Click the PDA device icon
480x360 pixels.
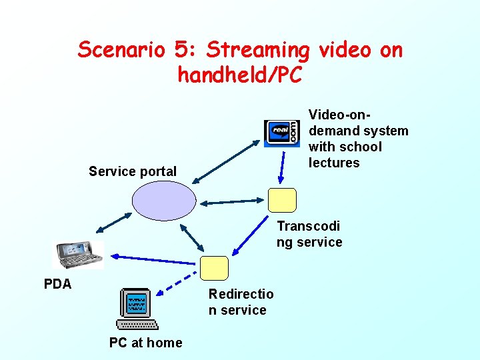tap(79, 254)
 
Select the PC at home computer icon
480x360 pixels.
tap(136, 309)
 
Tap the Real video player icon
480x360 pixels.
tap(282, 133)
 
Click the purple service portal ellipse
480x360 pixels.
tap(164, 200)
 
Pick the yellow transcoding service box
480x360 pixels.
tap(282, 200)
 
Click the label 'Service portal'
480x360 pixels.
tap(133, 171)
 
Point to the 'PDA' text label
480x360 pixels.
tap(57, 284)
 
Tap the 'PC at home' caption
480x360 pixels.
tap(145, 343)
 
